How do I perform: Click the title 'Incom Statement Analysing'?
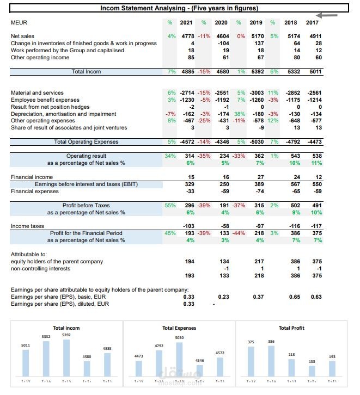179,8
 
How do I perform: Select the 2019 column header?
255,23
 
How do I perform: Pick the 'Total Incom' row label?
86,71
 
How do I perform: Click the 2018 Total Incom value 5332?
293,71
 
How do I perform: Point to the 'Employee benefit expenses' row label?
45,100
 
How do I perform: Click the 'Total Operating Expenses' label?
86,142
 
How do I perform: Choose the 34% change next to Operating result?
170,156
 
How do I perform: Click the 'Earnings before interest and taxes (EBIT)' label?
86,184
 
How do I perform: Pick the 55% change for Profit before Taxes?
170,206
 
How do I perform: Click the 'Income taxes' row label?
28,226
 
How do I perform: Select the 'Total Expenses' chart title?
179,328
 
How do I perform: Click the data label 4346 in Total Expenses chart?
200,361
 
